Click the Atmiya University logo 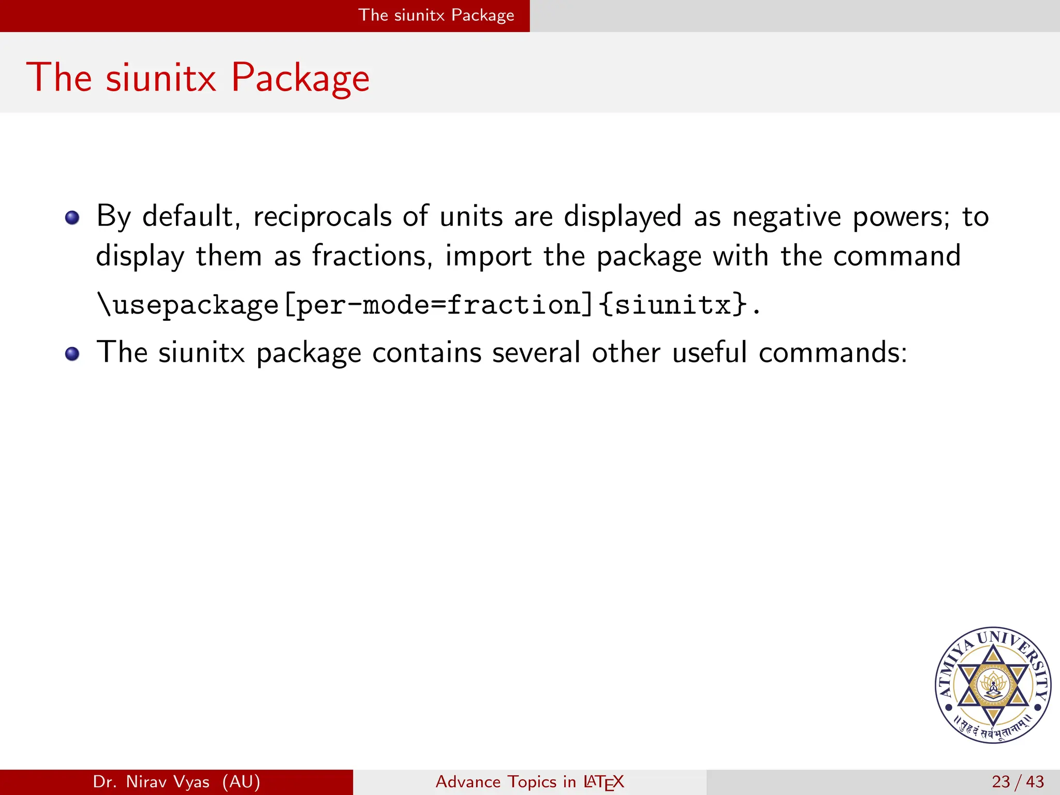pyautogui.click(x=993, y=685)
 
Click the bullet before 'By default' pyautogui.click(x=72, y=217)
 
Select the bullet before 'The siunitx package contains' pyautogui.click(x=72, y=354)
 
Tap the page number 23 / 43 pyautogui.click(x=1018, y=782)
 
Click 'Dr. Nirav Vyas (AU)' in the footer pyautogui.click(x=176, y=782)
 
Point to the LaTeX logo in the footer pyautogui.click(x=603, y=782)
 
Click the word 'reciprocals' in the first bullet pyautogui.click(x=322, y=216)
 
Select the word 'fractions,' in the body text pyautogui.click(x=372, y=256)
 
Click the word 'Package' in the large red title pyautogui.click(x=300, y=78)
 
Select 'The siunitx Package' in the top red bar pyautogui.click(x=436, y=15)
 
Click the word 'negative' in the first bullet pyautogui.click(x=786, y=216)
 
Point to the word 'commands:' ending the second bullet pyautogui.click(x=833, y=353)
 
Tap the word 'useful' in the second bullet pyautogui.click(x=710, y=353)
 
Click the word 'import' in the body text pyautogui.click(x=488, y=256)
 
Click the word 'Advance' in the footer pyautogui.click(x=468, y=782)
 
